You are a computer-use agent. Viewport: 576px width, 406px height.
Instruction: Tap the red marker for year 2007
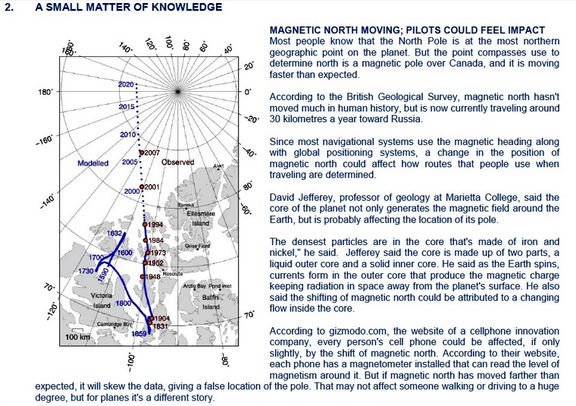pos(141,153)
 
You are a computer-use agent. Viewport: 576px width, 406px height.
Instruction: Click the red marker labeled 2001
pos(142,187)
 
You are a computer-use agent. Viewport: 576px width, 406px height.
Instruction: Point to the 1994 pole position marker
pos(145,225)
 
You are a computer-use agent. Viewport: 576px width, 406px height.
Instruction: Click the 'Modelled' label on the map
pos(93,163)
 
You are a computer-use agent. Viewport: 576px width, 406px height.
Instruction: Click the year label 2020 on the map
pos(127,83)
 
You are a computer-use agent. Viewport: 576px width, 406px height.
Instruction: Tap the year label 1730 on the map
pos(86,270)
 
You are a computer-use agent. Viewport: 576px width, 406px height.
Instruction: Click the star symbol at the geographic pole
pos(177,91)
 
